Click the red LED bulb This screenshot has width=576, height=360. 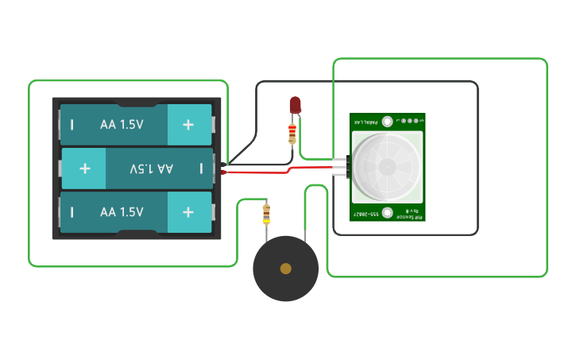(x=296, y=104)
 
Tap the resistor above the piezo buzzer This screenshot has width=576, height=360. (x=265, y=213)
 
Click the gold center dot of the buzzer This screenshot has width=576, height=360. (x=286, y=269)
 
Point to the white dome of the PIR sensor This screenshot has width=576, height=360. (x=387, y=166)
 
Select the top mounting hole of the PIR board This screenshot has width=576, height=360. (x=387, y=122)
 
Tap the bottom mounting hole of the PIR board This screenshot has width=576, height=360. (x=387, y=212)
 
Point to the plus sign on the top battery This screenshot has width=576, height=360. (x=188, y=125)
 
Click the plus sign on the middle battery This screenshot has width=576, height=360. (x=85, y=168)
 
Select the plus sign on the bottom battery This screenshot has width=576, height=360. (x=188, y=212)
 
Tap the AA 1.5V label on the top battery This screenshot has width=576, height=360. (x=122, y=125)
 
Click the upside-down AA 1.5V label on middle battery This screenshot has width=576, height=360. (x=152, y=168)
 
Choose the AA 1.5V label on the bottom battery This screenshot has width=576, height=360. (x=122, y=212)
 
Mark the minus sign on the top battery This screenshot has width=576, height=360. (x=72, y=125)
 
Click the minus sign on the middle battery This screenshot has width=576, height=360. (x=202, y=168)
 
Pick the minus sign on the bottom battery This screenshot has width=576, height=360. (x=72, y=212)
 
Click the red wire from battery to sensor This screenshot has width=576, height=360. (x=262, y=172)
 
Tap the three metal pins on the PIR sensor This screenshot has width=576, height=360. (x=342, y=168)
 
